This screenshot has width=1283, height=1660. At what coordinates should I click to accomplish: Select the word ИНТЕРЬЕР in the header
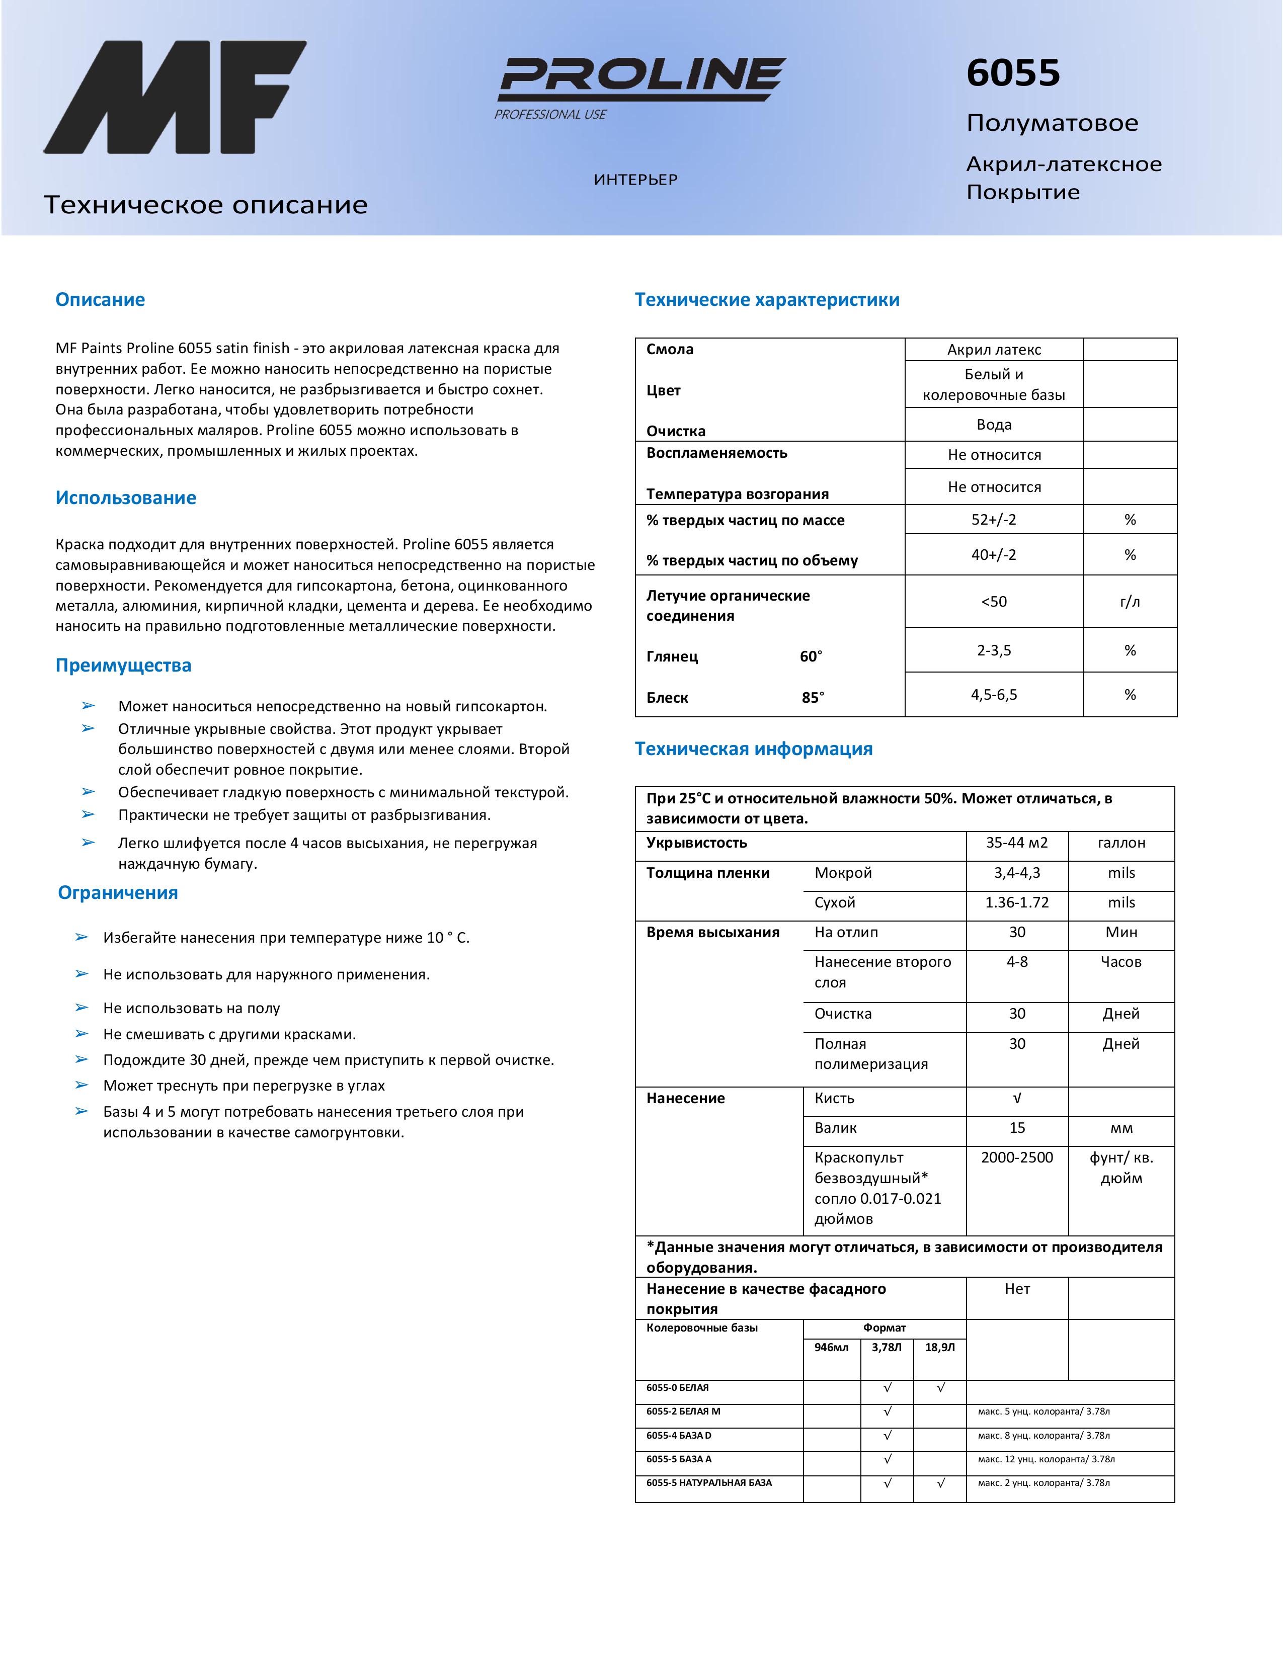pyautogui.click(x=635, y=180)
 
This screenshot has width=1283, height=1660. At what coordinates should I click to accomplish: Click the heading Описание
pyautogui.click(x=100, y=299)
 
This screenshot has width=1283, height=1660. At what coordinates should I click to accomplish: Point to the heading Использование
pyautogui.click(x=125, y=498)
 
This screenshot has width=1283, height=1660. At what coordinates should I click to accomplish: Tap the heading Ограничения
pyautogui.click(x=118, y=892)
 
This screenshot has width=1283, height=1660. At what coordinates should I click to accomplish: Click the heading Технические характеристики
pyautogui.click(x=767, y=299)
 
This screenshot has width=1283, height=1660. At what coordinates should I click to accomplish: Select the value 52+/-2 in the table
pyautogui.click(x=993, y=520)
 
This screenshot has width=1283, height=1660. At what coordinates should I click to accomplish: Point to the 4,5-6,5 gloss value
pyautogui.click(x=993, y=695)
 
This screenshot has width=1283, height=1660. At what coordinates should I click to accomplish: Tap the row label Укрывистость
pyautogui.click(x=696, y=843)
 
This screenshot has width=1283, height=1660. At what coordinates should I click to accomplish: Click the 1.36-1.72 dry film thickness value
pyautogui.click(x=1017, y=903)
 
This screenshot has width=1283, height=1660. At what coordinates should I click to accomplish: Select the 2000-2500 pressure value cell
pyautogui.click(x=1017, y=1157)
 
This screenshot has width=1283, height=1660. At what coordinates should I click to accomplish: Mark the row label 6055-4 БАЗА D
pyautogui.click(x=679, y=1436)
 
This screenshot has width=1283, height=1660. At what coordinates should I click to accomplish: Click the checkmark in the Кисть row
pyautogui.click(x=1017, y=1098)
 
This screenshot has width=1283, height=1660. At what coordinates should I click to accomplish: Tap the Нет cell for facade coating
pyautogui.click(x=1017, y=1289)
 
